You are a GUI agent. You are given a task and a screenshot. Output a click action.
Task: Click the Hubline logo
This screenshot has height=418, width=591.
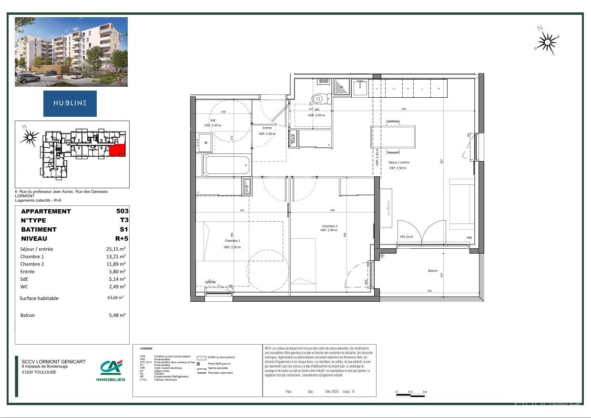pyautogui.click(x=70, y=103)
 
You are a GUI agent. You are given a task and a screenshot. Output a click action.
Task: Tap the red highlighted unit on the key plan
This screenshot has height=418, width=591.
pyautogui.click(x=118, y=151)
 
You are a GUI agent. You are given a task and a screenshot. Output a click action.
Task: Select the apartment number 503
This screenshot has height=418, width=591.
pyautogui.click(x=122, y=211)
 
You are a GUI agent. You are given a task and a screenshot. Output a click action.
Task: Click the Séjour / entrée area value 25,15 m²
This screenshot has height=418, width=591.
pyautogui.click(x=116, y=249)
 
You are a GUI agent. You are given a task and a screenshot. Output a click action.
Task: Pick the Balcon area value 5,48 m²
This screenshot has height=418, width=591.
pyautogui.click(x=117, y=315)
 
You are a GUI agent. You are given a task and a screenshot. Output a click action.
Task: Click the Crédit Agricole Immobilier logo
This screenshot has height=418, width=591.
pyautogui.click(x=111, y=370)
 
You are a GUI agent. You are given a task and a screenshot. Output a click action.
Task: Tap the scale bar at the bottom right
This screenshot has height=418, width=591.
pyautogui.click(x=410, y=394)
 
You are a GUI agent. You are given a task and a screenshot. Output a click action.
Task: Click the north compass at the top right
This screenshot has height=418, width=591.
pyautogui.click(x=547, y=42)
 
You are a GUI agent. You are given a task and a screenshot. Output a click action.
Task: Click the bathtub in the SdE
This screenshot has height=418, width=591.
pyautogui.click(x=227, y=165)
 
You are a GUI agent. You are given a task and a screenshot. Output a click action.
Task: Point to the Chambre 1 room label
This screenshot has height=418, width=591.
pyautogui.click(x=233, y=241)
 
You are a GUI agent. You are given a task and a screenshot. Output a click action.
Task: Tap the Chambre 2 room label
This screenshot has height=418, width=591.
pyautogui.click(x=329, y=226)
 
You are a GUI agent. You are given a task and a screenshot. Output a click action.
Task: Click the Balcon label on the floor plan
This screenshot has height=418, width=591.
pyautogui.click(x=432, y=271)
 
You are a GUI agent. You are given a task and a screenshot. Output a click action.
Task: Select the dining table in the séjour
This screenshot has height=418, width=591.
pyautogui.click(x=393, y=137)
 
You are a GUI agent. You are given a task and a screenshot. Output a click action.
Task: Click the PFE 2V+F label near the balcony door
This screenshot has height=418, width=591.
pyautogui.click(x=407, y=237)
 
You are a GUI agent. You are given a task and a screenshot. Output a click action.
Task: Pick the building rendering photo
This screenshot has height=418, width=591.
pyautogui.click(x=71, y=52)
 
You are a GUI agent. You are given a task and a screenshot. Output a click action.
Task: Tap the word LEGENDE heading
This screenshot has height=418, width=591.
pyautogui.click(x=146, y=348)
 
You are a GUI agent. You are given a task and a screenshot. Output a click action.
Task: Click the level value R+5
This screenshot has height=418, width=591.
pyautogui.click(x=122, y=238)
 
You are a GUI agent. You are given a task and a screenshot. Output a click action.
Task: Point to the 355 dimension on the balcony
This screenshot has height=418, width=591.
pyautogui.click(x=430, y=291)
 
